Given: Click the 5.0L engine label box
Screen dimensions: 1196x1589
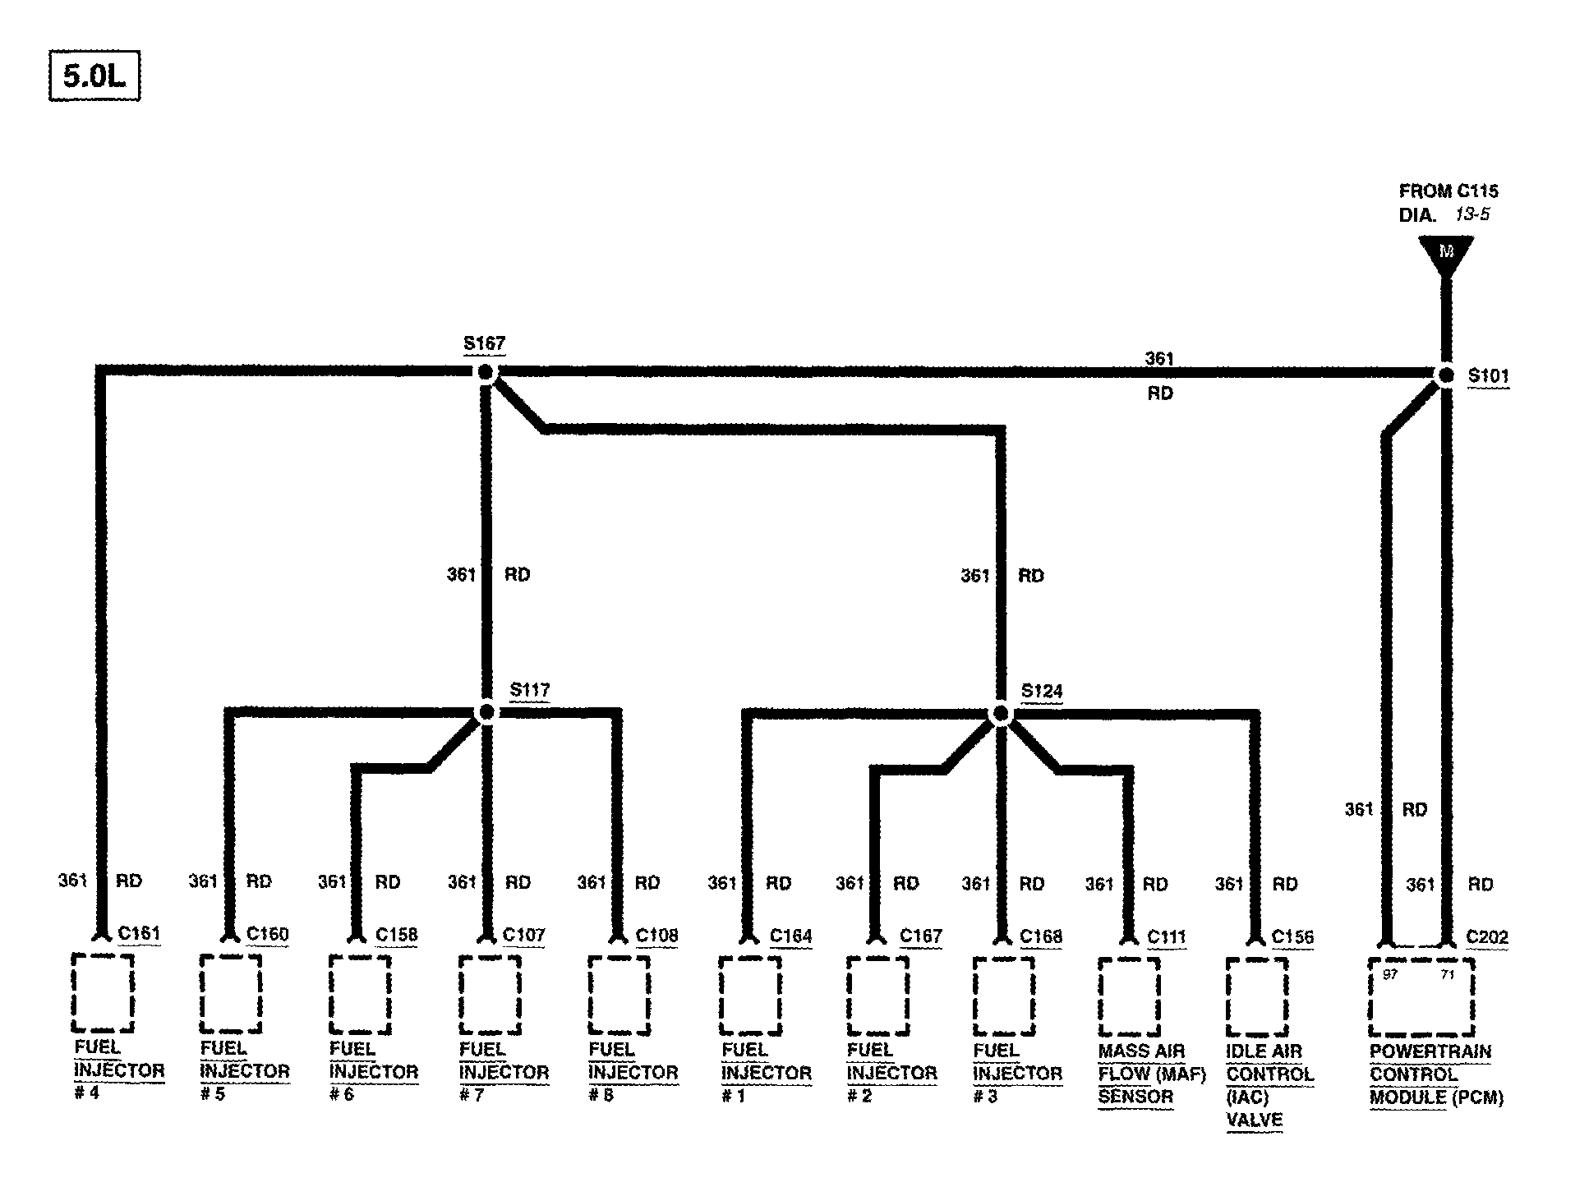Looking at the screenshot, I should (x=94, y=76).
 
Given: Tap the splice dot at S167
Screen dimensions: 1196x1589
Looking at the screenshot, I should (x=486, y=373).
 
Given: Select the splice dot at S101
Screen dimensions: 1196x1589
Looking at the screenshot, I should (x=1445, y=375).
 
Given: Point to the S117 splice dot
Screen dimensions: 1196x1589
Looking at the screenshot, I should (x=486, y=712).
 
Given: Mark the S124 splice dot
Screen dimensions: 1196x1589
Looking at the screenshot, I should (x=1000, y=713).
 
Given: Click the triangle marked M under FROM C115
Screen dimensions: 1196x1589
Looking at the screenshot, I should (x=1446, y=253).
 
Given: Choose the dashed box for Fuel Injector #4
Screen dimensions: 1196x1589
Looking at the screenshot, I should (x=103, y=992).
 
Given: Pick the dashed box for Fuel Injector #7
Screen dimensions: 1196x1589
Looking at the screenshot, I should (x=490, y=995).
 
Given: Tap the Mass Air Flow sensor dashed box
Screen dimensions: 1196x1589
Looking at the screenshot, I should (x=1129, y=996).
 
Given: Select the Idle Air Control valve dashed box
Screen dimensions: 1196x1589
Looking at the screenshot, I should (x=1256, y=997).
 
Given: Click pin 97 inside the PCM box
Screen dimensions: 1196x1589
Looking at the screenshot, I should (x=1390, y=975).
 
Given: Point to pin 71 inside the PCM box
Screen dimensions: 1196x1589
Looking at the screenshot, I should (x=1448, y=975).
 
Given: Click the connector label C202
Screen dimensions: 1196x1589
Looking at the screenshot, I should (x=1487, y=936).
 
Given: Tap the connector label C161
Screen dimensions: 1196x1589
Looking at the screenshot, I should (x=139, y=933).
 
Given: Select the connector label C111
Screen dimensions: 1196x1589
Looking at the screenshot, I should (x=1167, y=936).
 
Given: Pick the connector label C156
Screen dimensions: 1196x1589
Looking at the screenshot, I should (x=1292, y=936).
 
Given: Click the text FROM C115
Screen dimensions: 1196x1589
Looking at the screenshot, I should (x=1449, y=191).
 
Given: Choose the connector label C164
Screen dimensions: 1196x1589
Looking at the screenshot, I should (x=790, y=936).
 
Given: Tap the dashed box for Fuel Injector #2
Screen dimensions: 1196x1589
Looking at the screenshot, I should (x=877, y=996).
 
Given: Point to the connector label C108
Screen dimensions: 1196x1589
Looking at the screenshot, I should (x=656, y=936).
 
